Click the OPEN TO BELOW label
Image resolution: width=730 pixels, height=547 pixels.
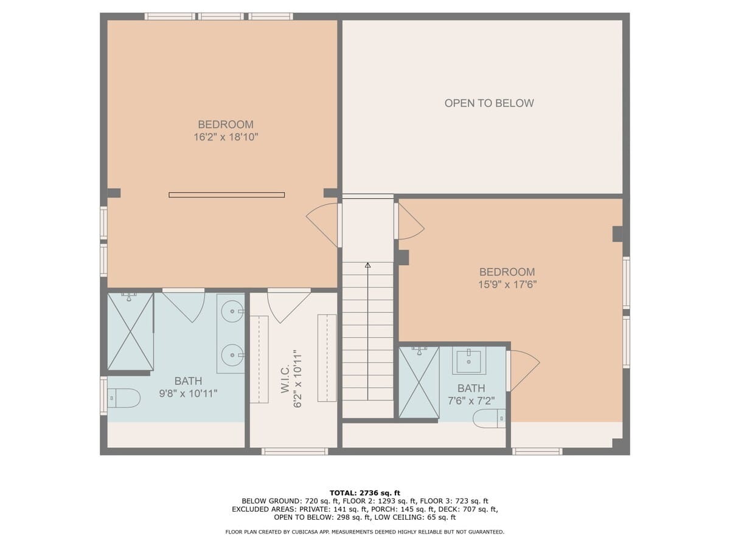[x=488, y=103]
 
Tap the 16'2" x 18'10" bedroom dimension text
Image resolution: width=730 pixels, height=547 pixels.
[x=226, y=137]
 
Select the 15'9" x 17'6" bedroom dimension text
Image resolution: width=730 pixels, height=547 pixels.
[x=507, y=284]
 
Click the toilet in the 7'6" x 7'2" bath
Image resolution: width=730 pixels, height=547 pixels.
[x=490, y=418]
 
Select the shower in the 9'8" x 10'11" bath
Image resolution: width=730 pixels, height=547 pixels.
[x=130, y=332]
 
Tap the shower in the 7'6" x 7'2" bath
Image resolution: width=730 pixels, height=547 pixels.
[x=419, y=382]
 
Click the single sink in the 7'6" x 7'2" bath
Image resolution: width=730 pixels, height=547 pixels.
[x=468, y=362]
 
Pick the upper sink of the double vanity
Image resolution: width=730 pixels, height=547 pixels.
[x=231, y=312]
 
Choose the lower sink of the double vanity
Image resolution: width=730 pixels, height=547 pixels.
[x=231, y=355]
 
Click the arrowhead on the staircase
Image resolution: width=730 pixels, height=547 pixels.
[x=367, y=265]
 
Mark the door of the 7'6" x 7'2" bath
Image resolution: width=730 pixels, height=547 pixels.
[x=523, y=371]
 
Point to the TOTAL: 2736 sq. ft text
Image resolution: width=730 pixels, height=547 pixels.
[x=364, y=493]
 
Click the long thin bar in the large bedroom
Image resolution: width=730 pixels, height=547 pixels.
[x=226, y=195]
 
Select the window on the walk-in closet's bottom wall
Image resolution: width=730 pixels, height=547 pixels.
[x=295, y=452]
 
